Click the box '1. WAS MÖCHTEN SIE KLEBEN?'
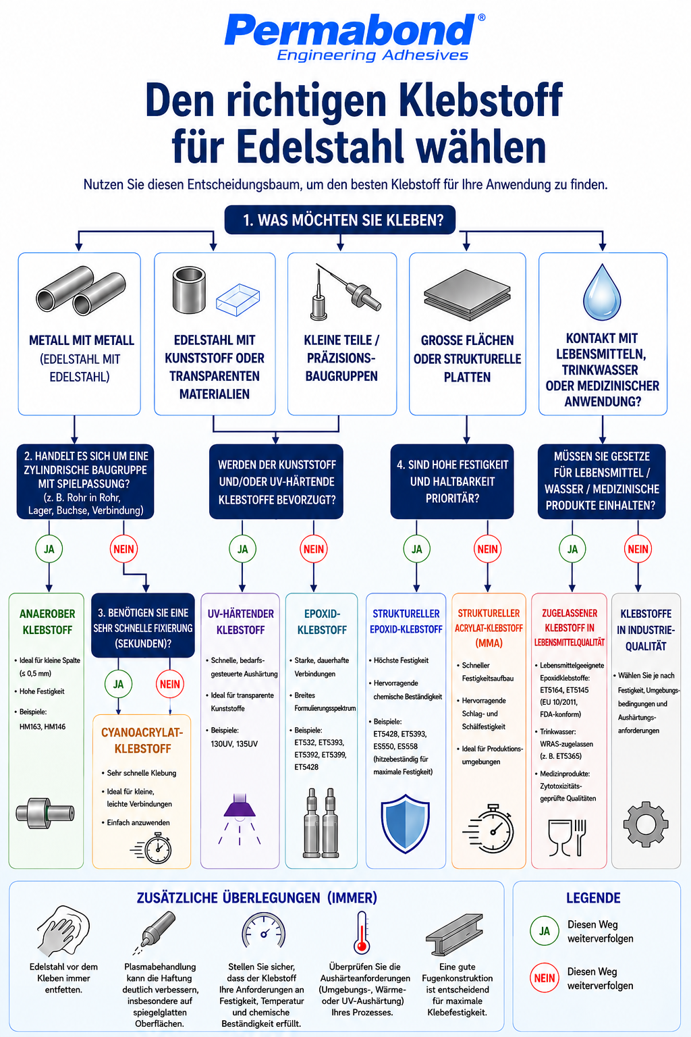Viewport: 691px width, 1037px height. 339,220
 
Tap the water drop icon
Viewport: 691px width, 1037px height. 602,292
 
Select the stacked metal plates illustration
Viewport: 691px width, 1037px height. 467,295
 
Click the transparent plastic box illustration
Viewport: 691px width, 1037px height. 238,300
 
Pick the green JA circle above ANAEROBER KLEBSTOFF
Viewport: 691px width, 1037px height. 49,549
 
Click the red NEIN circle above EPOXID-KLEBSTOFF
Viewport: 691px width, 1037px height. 314,549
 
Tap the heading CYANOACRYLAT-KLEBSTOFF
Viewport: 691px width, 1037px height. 142,740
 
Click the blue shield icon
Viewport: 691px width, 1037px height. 405,823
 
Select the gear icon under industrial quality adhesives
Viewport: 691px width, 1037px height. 646,824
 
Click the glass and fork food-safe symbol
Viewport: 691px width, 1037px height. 567,837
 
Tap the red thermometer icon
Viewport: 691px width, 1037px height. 362,933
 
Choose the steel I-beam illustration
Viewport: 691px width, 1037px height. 454,934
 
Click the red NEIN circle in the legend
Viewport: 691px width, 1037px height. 545,978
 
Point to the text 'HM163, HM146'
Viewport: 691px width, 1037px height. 43,727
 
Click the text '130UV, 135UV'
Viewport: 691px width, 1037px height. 234,744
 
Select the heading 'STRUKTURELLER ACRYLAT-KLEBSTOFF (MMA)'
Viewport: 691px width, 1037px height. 489,629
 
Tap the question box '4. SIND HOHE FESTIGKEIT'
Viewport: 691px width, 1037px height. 452,481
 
